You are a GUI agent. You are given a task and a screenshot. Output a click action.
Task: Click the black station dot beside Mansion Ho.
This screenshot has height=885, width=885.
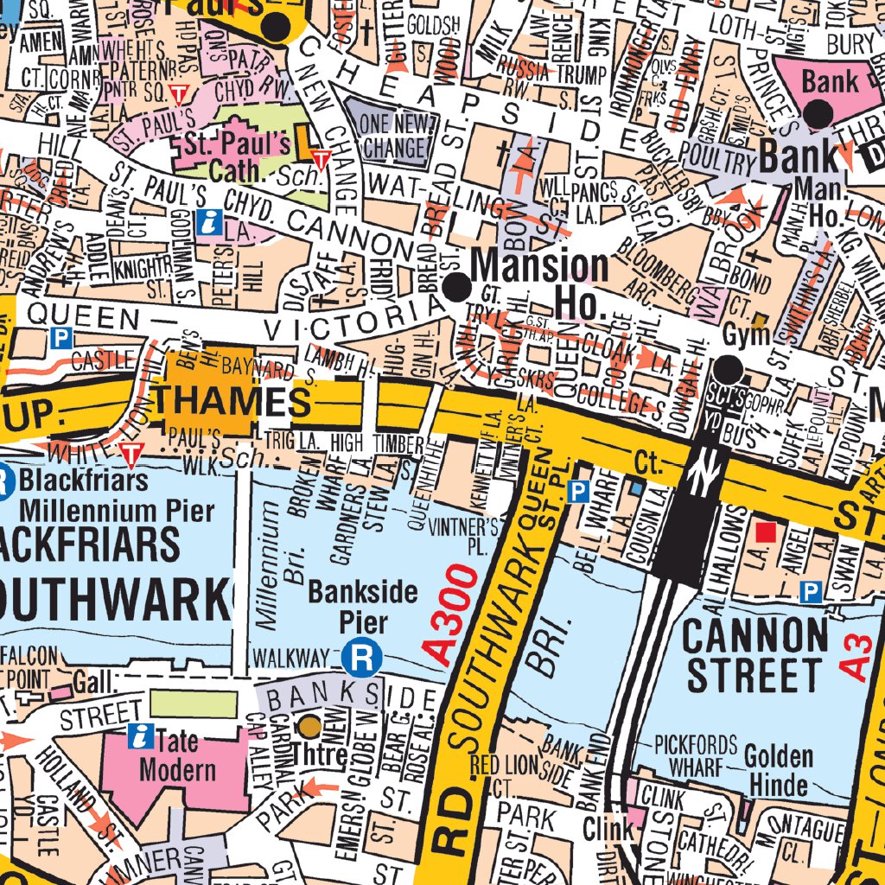tap(456, 286)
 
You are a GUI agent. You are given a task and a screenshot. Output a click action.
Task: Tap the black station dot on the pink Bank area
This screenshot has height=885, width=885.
tap(818, 112)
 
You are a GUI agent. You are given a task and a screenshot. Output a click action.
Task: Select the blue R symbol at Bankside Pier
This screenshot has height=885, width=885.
tap(362, 659)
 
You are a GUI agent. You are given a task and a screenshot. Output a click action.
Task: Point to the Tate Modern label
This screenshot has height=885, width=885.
tap(177, 755)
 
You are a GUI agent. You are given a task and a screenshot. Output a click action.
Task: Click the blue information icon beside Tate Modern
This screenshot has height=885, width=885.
tap(138, 736)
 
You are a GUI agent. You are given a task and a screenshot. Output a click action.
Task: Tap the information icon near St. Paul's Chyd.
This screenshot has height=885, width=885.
tap(208, 222)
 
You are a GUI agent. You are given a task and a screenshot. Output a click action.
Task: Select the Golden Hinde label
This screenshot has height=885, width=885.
tap(778, 770)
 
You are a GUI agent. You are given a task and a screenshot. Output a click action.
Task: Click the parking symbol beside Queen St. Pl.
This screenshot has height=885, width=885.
tap(578, 492)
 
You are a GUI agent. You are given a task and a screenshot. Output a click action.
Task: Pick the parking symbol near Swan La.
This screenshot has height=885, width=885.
tap(810, 591)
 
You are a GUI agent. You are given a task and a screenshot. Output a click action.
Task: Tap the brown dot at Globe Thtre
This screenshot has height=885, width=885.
tap(309, 724)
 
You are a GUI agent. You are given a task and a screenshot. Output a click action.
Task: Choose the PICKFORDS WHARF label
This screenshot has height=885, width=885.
tap(695, 754)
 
